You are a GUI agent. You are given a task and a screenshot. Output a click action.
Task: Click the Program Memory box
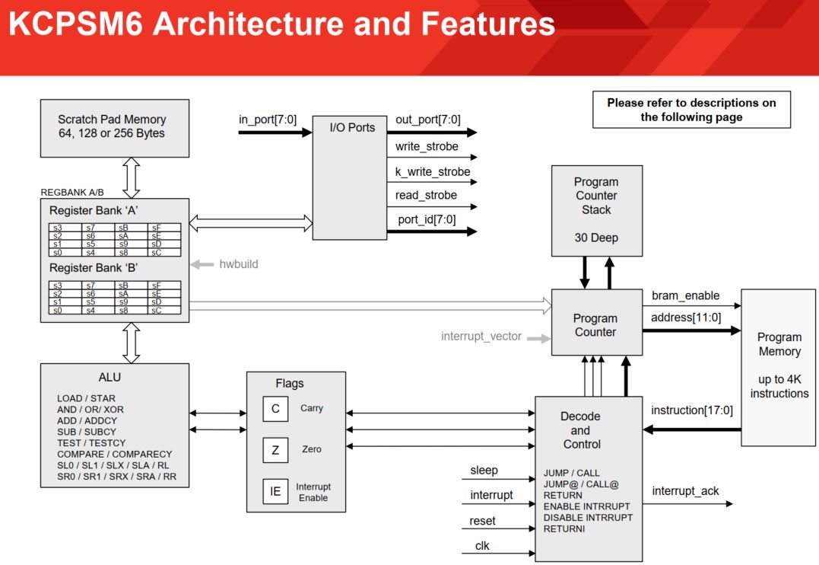point(779,366)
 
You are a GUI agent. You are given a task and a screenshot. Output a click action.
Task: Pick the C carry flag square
point(275,409)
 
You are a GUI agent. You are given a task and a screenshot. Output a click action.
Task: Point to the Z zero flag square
point(275,450)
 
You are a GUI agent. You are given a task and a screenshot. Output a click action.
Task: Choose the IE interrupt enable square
point(275,491)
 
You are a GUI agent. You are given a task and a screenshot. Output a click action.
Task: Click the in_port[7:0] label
point(267,120)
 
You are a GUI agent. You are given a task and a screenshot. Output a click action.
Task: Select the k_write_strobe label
point(433,172)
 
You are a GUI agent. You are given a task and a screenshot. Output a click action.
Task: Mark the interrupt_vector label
point(481,337)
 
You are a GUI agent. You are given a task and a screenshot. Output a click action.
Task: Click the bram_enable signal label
point(685,295)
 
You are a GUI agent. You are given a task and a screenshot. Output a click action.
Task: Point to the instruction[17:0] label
point(692,410)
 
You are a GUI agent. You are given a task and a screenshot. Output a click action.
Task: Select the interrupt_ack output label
point(685,491)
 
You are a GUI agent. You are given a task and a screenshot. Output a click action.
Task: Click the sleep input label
point(484,471)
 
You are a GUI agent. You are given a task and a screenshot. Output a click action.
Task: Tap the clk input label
point(482,545)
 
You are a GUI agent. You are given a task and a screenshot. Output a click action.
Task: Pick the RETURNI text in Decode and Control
point(564,528)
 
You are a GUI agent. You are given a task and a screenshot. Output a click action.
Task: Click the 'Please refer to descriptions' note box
point(691,110)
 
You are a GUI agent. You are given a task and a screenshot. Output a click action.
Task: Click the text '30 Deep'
point(596,238)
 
